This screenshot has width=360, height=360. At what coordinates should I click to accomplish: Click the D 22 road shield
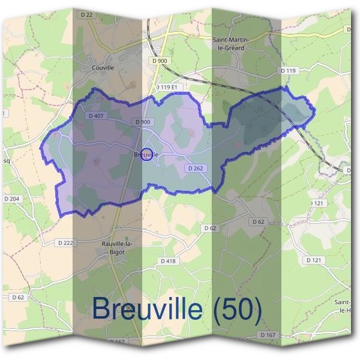tap(86, 14)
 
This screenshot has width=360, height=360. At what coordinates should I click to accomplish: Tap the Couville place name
tap(103, 68)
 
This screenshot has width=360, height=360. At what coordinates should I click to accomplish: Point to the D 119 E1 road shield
tap(169, 87)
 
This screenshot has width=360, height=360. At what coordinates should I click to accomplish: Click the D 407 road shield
tap(96, 116)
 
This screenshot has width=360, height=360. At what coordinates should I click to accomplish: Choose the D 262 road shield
tap(197, 169)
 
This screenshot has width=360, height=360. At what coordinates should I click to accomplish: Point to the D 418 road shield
tap(169, 261)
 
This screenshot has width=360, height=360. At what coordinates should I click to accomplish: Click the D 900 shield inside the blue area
tap(143, 122)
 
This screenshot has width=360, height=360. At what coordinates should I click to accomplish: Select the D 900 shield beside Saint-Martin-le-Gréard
tap(161, 61)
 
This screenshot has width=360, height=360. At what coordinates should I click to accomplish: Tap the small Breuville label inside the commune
tap(146, 155)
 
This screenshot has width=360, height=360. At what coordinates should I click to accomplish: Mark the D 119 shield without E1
tap(289, 71)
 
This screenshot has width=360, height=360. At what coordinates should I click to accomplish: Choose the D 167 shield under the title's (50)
tap(268, 334)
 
